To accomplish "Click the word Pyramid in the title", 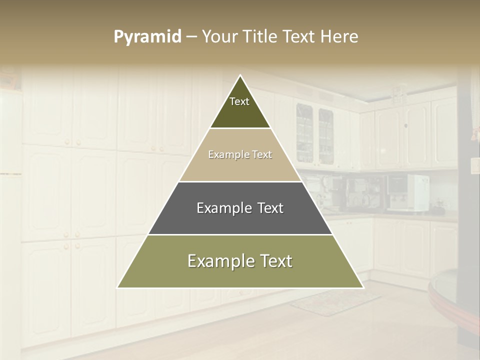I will tap(147, 37).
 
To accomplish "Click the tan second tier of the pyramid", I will tap(240, 165).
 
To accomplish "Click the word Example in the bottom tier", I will tap(217, 261).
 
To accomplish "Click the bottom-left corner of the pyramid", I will tap(118, 287).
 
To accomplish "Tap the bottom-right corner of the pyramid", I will tap(363, 287).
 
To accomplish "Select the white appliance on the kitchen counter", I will tap(417, 192).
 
